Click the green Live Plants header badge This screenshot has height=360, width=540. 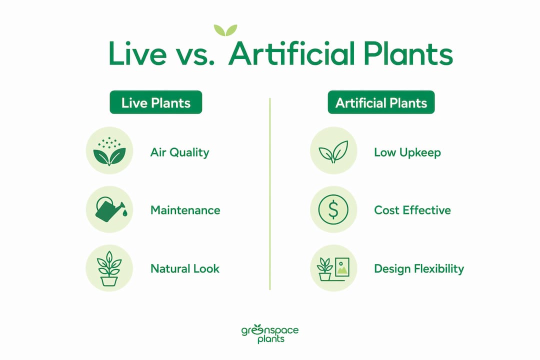[x=155, y=102]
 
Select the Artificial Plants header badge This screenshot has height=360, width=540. [x=381, y=102]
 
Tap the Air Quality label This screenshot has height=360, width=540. [x=180, y=152]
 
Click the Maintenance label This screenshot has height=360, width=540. [x=185, y=210]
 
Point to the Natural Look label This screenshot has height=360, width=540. [x=185, y=268]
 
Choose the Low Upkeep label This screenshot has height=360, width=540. [x=407, y=152]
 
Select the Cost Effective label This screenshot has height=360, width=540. [x=412, y=210]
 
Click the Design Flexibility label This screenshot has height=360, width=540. [x=419, y=268]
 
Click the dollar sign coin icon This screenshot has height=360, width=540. [x=333, y=209]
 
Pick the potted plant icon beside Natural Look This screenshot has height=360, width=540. [x=109, y=268]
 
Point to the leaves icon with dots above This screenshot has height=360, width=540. [x=109, y=151]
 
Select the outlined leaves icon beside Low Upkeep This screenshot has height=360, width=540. [x=333, y=151]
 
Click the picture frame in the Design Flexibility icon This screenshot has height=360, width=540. [x=342, y=267]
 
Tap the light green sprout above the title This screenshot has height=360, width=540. [x=225, y=30]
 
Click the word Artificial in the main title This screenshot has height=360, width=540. [x=291, y=53]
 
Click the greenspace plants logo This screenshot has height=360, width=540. [x=270, y=333]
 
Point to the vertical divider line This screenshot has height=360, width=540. [x=270, y=194]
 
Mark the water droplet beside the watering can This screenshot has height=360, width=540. [x=124, y=213]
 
